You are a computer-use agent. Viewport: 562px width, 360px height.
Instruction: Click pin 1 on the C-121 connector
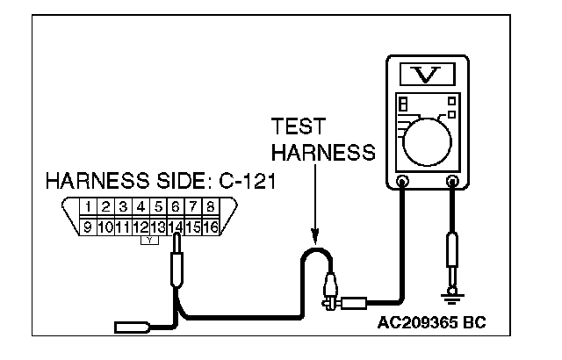[90, 207]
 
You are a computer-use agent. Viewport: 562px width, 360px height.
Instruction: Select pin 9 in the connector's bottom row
[87, 227]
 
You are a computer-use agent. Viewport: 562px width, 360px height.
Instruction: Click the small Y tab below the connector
[150, 239]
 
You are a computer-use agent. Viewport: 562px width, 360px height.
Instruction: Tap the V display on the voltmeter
[428, 75]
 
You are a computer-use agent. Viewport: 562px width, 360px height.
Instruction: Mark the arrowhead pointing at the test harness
[314, 240]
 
